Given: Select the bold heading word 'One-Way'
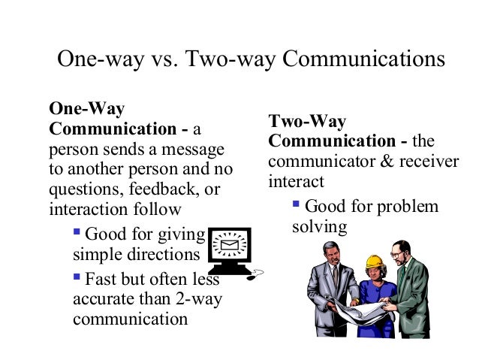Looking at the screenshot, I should point(86,109).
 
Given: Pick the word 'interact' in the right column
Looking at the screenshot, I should point(296,182).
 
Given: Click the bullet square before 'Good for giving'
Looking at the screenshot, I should point(79,234).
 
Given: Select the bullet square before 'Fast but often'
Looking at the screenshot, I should point(79,278).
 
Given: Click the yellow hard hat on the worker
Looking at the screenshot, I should point(374,261).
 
